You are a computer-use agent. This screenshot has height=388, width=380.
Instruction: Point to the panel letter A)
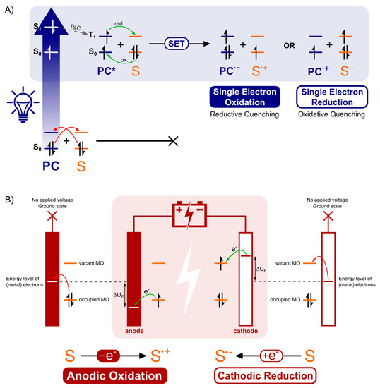click(x=10, y=8)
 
